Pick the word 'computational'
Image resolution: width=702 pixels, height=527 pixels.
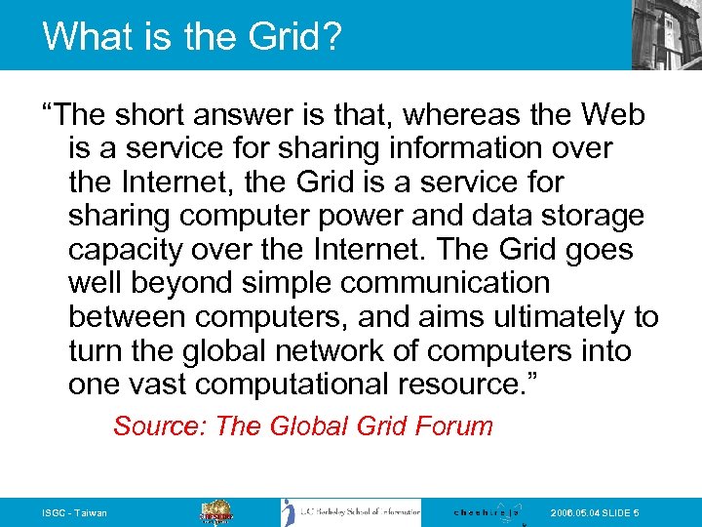pos(286,385)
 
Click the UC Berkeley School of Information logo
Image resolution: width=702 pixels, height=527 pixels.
pos(351,512)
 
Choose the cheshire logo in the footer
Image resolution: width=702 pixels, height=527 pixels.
pos(487,512)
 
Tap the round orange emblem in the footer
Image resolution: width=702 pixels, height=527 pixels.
pos(217,512)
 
